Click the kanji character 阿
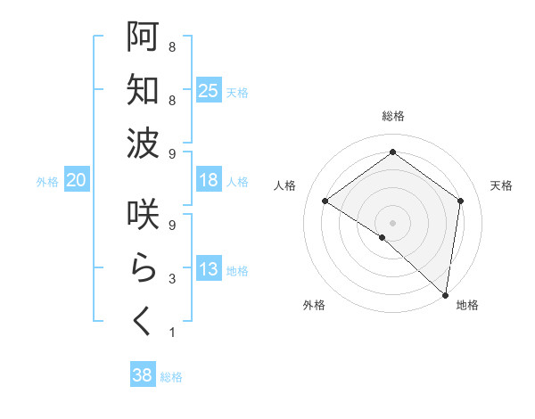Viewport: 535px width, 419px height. pos(143,37)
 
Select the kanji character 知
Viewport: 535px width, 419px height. pos(143,89)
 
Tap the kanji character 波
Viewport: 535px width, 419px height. pos(143,143)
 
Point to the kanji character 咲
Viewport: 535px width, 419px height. pos(143,215)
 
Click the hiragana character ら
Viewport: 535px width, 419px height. pos(143,267)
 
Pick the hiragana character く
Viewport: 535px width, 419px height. pos(143,321)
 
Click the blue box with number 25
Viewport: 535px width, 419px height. pos(209,90)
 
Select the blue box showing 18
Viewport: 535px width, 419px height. pos(209,180)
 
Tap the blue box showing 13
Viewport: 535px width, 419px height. pos(209,270)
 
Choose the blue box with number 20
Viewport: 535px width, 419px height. pos(76,180)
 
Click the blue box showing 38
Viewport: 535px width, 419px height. pos(143,375)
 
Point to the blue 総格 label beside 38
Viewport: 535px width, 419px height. pos(171,377)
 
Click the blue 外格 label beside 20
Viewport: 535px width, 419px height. pos(47,182)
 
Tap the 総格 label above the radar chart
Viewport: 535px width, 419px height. pos(392,116)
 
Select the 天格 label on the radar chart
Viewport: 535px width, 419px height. pos(501,185)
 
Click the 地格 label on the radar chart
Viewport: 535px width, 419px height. pos(467,305)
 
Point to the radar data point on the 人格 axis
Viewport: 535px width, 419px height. pos(325,201)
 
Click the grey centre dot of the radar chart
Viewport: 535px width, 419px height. pos(392,222)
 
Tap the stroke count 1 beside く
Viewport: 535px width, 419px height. pos(171,333)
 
